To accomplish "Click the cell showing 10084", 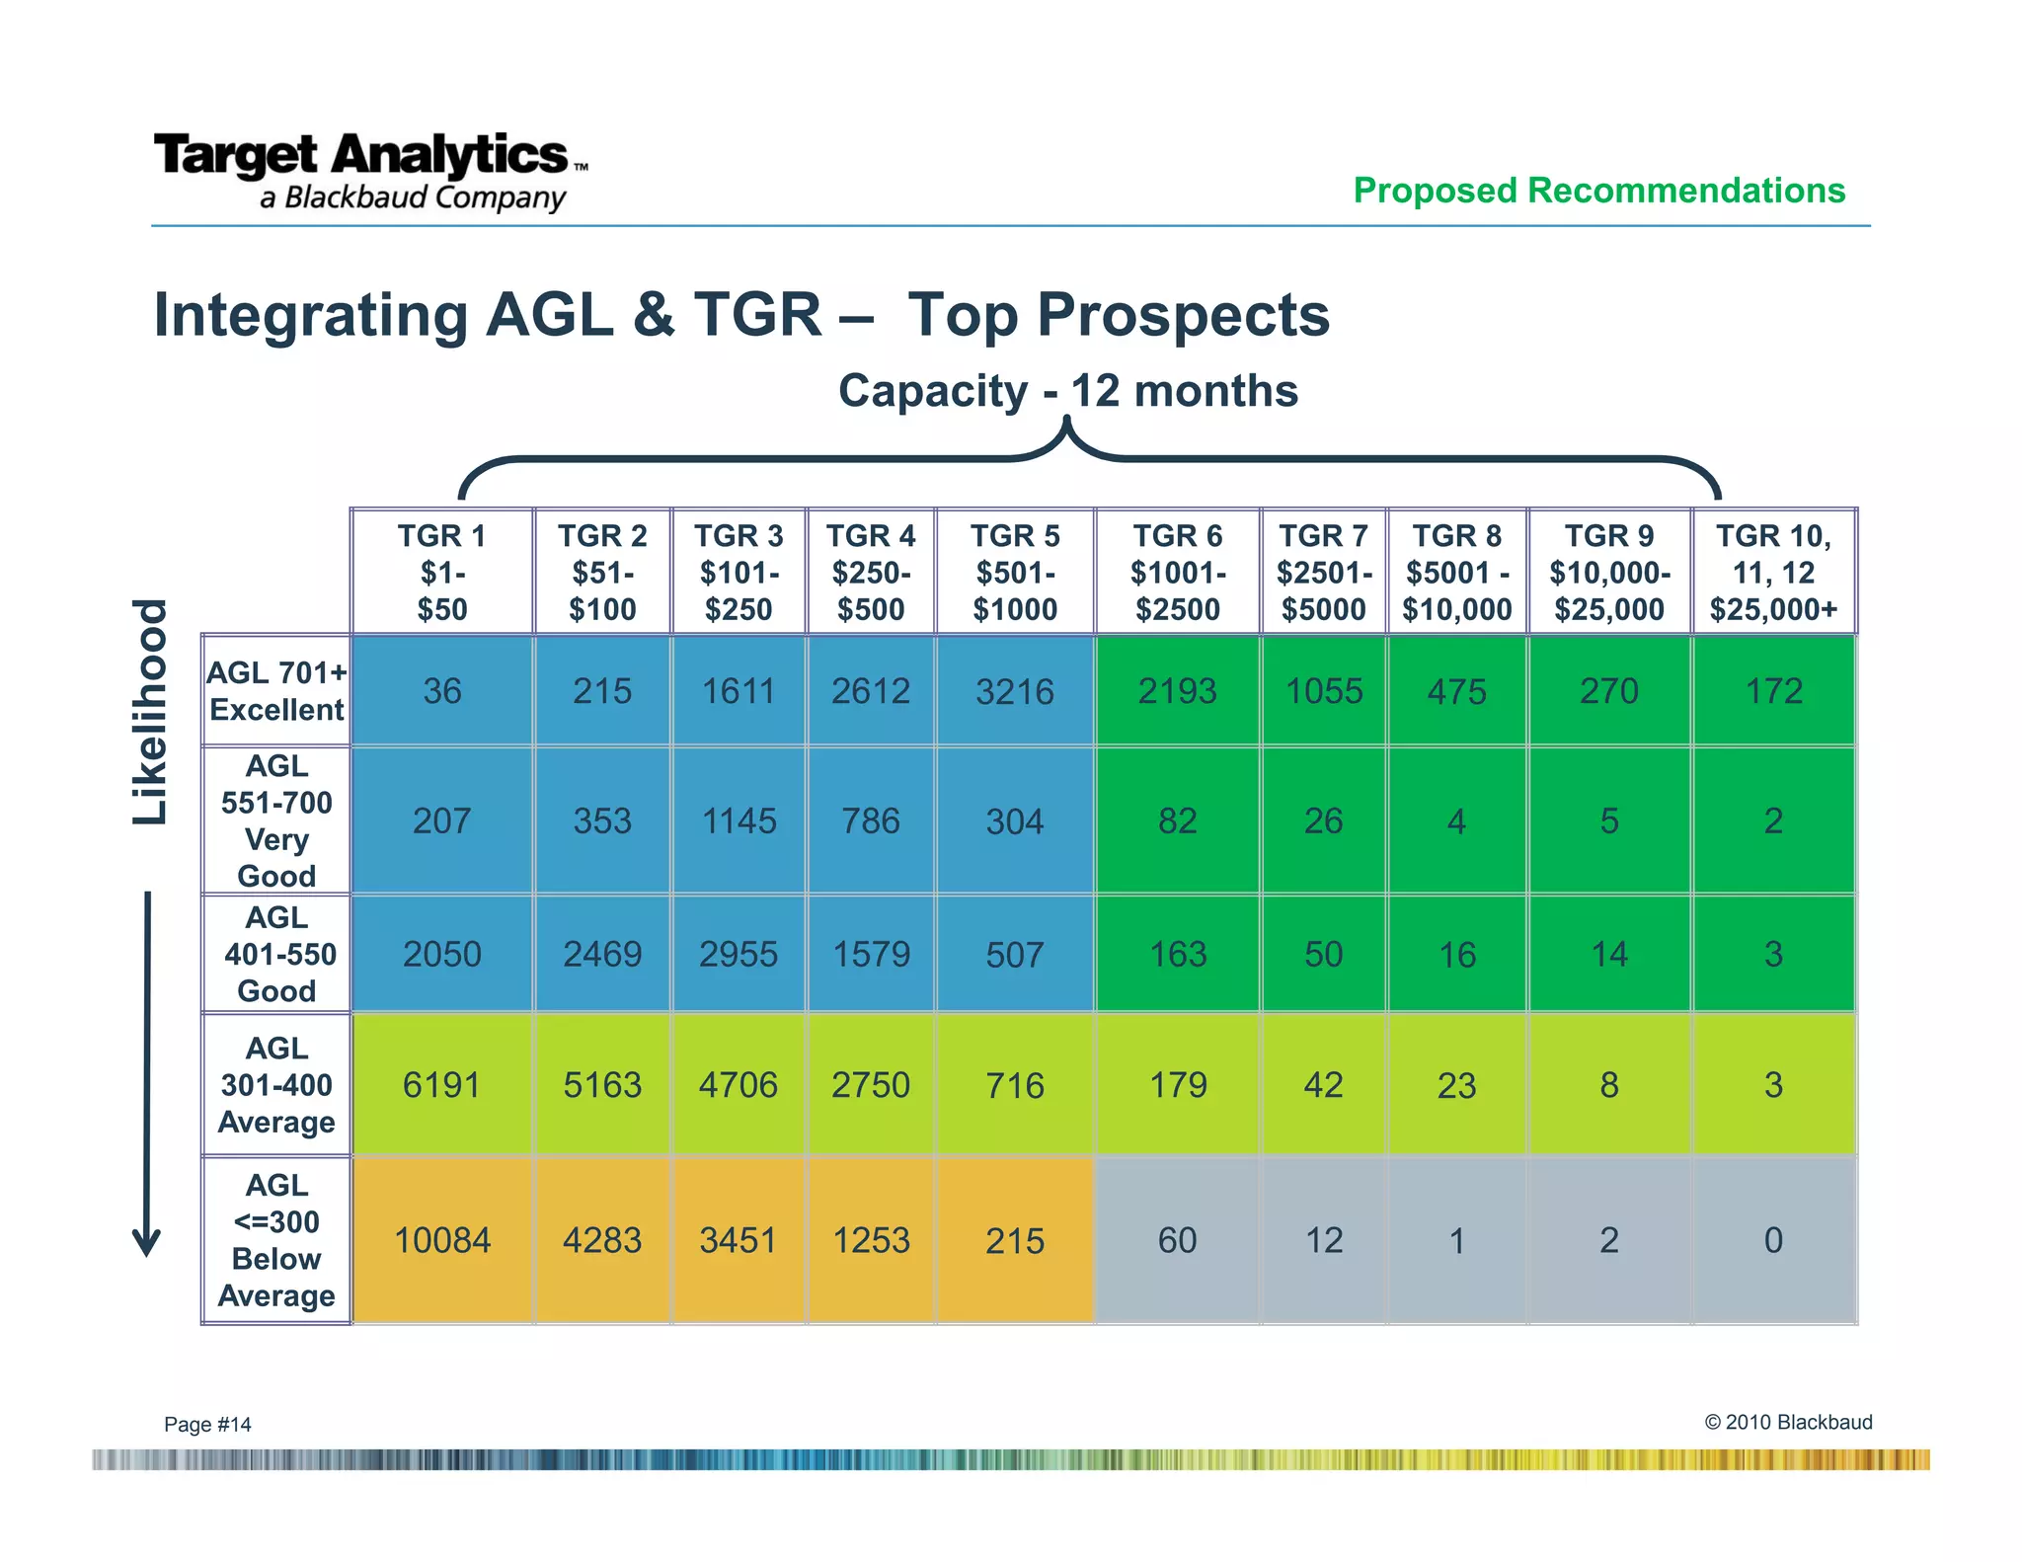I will [x=441, y=1240].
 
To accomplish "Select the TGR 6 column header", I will [x=1177, y=572].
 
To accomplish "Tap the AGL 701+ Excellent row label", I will [x=276, y=690].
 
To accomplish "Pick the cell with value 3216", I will [x=1014, y=691].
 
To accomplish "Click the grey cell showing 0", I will [x=1773, y=1240].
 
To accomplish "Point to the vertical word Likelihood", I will [x=151, y=711].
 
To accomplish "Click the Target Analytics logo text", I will [x=361, y=156].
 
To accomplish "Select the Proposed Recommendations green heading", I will [x=1598, y=190].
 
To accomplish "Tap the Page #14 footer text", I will [x=207, y=1424].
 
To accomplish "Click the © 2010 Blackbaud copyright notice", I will [x=1788, y=1422].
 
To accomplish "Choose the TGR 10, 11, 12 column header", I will [x=1773, y=572].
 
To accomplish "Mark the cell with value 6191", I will [x=441, y=1085].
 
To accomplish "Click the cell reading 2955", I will [x=739, y=954].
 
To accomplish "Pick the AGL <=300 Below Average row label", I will [x=276, y=1240].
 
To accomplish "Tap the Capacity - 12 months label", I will [x=1067, y=391].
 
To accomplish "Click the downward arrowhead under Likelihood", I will [x=147, y=1242].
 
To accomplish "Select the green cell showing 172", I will [x=1773, y=691].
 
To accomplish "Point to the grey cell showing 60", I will [x=1177, y=1240].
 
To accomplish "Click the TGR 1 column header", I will [x=441, y=572].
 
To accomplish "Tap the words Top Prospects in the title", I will [x=1119, y=315].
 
